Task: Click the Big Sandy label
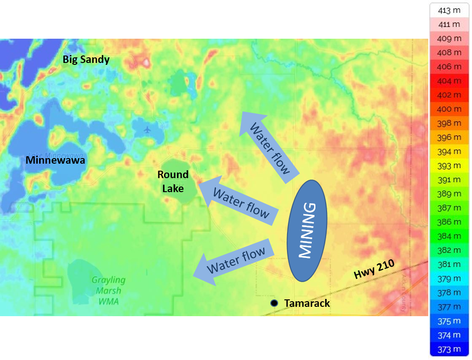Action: [86, 59]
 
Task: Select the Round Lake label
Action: [173, 181]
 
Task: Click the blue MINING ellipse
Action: [306, 230]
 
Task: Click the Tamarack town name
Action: [307, 303]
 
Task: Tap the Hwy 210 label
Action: [374, 270]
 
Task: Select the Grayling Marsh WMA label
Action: [108, 290]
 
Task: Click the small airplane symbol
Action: [148, 129]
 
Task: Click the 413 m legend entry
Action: [450, 10]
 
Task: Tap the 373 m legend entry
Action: [450, 349]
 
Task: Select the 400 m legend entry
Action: [450, 109]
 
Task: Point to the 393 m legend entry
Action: [450, 166]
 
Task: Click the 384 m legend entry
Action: [450, 236]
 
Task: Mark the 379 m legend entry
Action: [450, 278]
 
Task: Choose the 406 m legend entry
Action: [450, 67]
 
